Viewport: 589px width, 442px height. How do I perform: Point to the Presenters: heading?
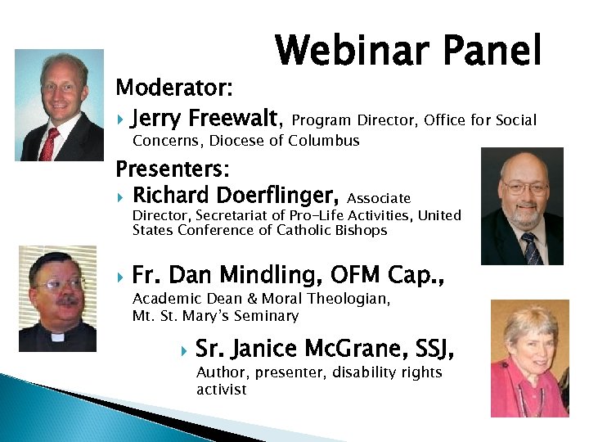tap(173, 169)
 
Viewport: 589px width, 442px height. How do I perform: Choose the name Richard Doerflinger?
tap(235, 196)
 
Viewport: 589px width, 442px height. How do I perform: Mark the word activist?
tap(221, 389)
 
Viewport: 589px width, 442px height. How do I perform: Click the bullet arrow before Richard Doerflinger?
tap(119, 197)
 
